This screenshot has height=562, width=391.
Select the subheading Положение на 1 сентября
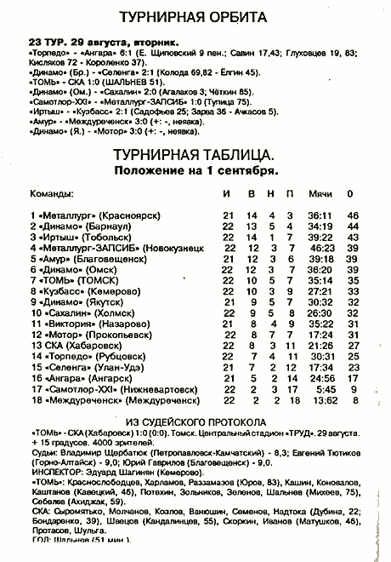(x=195, y=170)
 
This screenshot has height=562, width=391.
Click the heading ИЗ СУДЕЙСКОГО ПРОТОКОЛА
(x=195, y=421)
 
